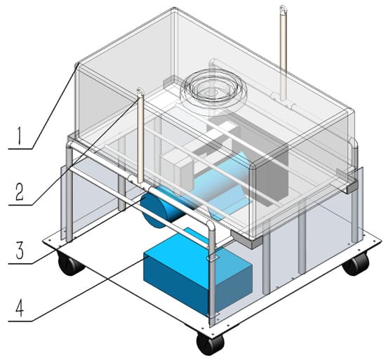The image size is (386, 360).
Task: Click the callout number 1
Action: pyautogui.click(x=18, y=135)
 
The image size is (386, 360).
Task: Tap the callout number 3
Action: pyautogui.click(x=20, y=251)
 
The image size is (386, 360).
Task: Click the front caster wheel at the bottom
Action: pyautogui.click(x=210, y=342)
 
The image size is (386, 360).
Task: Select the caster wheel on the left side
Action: pyautogui.click(x=69, y=264)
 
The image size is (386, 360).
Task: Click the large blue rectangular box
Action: pyautogui.click(x=197, y=273)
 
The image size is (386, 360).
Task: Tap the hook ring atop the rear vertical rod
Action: pyautogui.click(x=282, y=9)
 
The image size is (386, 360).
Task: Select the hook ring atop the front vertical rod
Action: pyautogui.click(x=140, y=92)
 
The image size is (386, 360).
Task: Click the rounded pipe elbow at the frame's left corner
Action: pyautogui.click(x=70, y=146)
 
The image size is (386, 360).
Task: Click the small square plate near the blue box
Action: pyautogui.click(x=213, y=258)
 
